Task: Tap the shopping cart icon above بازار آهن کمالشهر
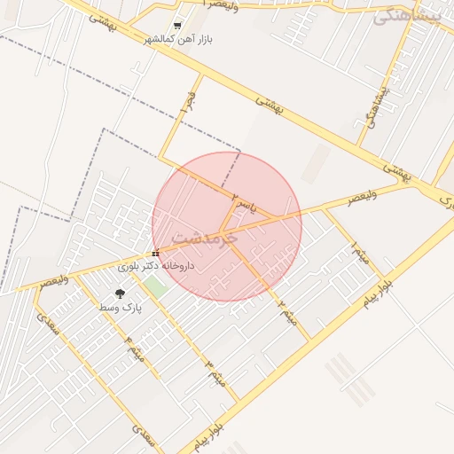(x=179, y=26)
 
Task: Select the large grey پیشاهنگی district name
(x=407, y=15)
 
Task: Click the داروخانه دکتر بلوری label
(x=156, y=265)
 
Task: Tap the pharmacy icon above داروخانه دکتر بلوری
(x=156, y=254)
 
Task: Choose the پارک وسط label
(x=120, y=307)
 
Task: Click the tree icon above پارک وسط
(x=120, y=294)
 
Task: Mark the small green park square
(x=157, y=287)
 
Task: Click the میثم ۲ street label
(x=286, y=311)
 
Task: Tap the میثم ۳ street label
(x=215, y=372)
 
